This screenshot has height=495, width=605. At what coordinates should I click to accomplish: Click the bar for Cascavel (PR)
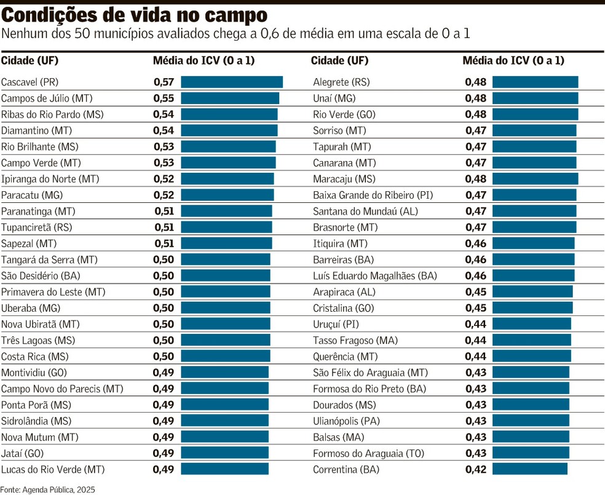point(231,82)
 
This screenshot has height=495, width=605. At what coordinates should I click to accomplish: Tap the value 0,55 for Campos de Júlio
point(164,98)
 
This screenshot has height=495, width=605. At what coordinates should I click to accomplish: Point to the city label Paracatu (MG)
point(32,195)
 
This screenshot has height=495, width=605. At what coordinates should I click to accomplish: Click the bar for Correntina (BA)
point(529,469)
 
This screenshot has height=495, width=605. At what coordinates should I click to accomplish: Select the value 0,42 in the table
point(475,469)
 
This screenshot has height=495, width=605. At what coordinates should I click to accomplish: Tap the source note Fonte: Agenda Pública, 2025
point(47,489)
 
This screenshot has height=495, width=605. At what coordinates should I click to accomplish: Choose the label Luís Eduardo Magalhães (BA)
point(375,275)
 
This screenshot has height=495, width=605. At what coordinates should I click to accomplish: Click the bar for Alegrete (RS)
point(535,82)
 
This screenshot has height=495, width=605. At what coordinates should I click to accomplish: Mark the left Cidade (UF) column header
point(30,60)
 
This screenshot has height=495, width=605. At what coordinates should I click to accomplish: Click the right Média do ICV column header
point(513,60)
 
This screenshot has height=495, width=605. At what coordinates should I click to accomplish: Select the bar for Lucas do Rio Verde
point(224,469)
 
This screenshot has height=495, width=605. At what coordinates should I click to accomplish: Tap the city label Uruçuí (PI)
point(336,324)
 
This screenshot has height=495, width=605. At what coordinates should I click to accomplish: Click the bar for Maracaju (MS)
point(535,179)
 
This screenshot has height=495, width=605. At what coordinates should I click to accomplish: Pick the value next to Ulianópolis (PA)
point(475,421)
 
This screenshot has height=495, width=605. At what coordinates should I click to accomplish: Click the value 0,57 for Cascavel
point(164,82)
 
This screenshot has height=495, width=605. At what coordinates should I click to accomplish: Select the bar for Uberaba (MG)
point(225,308)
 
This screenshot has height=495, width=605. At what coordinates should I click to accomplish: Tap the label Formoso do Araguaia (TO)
point(368,453)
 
